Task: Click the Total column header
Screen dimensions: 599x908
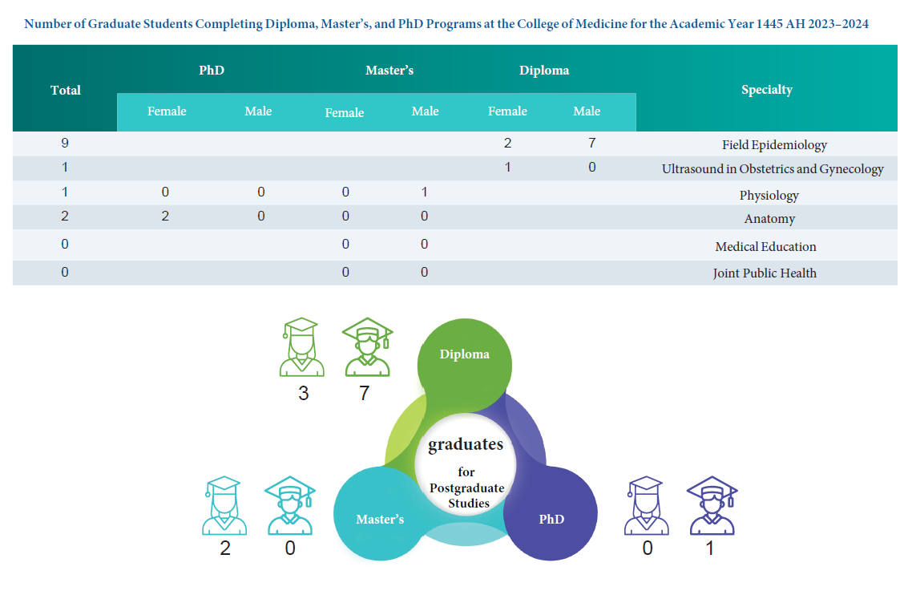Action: pyautogui.click(x=66, y=90)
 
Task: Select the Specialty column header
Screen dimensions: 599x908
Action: pyautogui.click(x=766, y=89)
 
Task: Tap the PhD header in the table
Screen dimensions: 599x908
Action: pyautogui.click(x=212, y=71)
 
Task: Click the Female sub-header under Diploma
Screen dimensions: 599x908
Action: pyautogui.click(x=507, y=111)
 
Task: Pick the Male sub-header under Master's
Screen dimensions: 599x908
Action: pyautogui.click(x=425, y=111)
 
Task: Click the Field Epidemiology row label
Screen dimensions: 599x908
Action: pyautogui.click(x=774, y=145)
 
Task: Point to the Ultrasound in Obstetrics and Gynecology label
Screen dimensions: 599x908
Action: pyautogui.click(x=773, y=169)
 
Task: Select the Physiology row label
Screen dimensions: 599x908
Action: pyautogui.click(x=769, y=195)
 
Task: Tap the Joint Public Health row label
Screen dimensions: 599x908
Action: pyautogui.click(x=765, y=273)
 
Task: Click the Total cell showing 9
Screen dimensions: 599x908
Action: pyautogui.click(x=65, y=144)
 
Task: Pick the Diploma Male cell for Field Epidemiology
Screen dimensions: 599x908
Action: pyautogui.click(x=591, y=144)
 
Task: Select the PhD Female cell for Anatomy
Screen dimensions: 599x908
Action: pyautogui.click(x=165, y=217)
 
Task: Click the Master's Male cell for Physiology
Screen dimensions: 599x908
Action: pyautogui.click(x=425, y=192)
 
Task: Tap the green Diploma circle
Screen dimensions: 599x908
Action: pyautogui.click(x=464, y=354)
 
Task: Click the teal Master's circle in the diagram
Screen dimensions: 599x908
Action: pyautogui.click(x=379, y=519)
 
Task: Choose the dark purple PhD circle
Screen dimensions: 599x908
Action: pyautogui.click(x=551, y=519)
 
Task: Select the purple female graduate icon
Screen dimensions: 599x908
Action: pyautogui.click(x=646, y=506)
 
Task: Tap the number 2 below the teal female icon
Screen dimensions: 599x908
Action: pyautogui.click(x=225, y=548)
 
